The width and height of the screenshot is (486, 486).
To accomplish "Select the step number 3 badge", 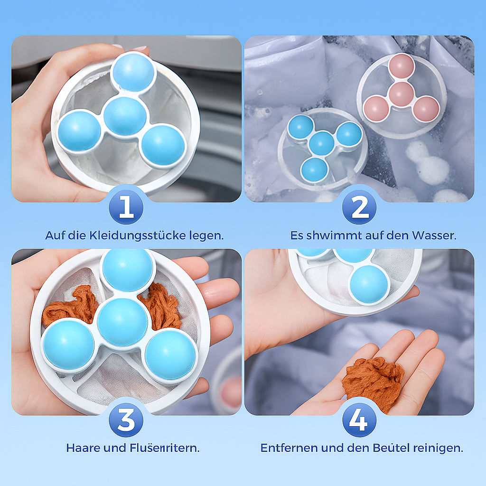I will [x=126, y=420].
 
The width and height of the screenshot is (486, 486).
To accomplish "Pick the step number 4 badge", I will [x=359, y=420].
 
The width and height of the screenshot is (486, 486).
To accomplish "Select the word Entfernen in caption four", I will [x=289, y=448].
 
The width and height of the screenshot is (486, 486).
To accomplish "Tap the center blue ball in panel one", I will [x=125, y=116].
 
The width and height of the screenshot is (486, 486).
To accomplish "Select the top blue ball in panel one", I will [x=133, y=72].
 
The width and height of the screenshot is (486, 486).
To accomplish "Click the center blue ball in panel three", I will [x=122, y=322].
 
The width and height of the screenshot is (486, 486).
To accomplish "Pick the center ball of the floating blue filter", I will [x=321, y=143].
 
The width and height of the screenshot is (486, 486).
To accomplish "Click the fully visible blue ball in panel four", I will [x=370, y=284].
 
